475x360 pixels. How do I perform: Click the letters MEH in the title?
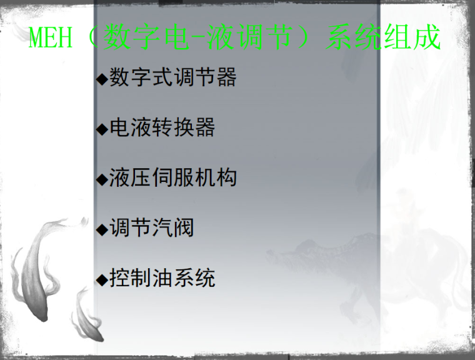point(52,39)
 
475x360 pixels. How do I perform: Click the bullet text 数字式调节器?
point(173,77)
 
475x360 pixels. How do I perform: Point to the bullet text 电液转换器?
point(162,128)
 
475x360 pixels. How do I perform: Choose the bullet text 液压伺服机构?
point(173,178)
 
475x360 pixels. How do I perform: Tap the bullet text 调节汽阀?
point(152,227)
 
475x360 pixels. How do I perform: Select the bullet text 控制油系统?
point(162,277)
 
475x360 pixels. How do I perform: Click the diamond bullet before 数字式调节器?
point(102,79)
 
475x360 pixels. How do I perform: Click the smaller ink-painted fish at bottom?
point(87,319)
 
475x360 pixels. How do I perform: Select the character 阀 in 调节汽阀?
point(184,227)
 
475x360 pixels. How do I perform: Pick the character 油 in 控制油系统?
point(162,277)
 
